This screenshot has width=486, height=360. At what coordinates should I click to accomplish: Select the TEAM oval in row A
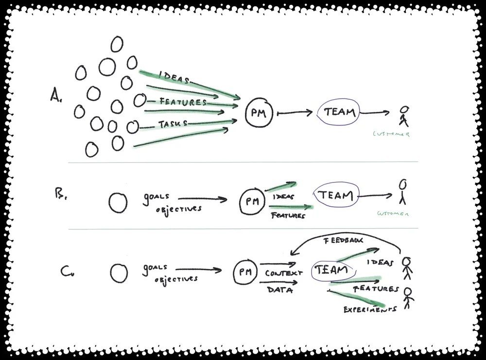pos(340,112)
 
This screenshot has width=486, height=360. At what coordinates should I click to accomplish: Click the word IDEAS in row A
pos(174,78)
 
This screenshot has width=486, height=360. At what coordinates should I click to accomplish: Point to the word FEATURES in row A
pos(183,102)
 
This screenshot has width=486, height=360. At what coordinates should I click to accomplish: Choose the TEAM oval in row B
pos(335,196)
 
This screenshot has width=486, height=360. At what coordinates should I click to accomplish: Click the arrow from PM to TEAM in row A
pos(294,113)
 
